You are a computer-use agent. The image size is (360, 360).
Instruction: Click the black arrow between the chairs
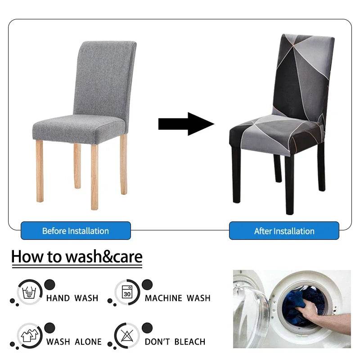pyautogui.click(x=186, y=124)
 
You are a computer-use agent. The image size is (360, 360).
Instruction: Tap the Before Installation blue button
pyautogui.click(x=76, y=230)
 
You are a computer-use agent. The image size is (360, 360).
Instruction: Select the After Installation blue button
pyautogui.click(x=284, y=230)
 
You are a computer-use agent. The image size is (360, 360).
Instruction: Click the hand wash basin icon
pyautogui.click(x=29, y=292)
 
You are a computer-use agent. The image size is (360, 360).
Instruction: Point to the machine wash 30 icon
pyautogui.click(x=127, y=292)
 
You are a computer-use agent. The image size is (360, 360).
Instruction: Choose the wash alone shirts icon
pyautogui.click(x=30, y=336)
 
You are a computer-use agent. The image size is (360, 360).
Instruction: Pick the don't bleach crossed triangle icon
pyautogui.click(x=127, y=336)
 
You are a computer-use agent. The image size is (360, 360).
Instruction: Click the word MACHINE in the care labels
pyautogui.click(x=163, y=298)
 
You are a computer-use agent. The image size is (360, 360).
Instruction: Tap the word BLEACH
pyautogui.click(x=190, y=342)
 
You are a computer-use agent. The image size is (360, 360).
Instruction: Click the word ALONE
pyautogui.click(x=88, y=342)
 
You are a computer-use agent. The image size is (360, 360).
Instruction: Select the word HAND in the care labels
pyautogui.click(x=58, y=298)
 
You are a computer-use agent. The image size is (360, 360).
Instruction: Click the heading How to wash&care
pyautogui.click(x=77, y=256)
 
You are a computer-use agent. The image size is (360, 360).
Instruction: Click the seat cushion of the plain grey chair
pyautogui.click(x=78, y=129)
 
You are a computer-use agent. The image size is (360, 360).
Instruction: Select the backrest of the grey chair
pyautogui.click(x=104, y=78)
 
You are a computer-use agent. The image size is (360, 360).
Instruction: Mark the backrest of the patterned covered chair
pyautogui.click(x=303, y=76)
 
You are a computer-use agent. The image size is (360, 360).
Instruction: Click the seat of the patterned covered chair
pyautogui.click(x=275, y=135)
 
